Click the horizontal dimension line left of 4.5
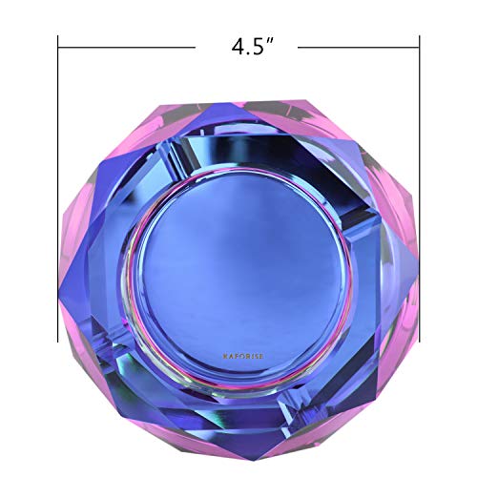point(124,44)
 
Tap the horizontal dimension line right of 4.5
point(358,44)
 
